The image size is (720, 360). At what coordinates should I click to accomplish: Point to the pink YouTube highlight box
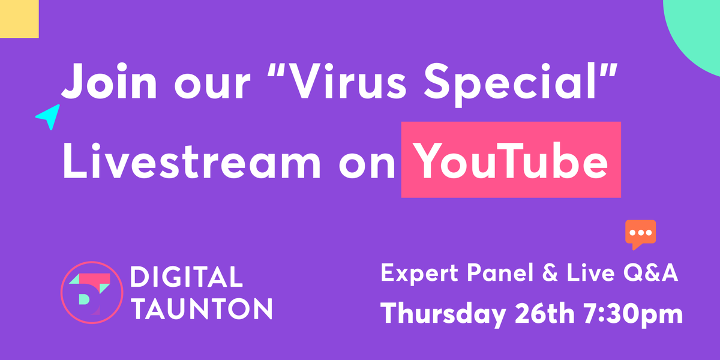pyautogui.click(x=511, y=160)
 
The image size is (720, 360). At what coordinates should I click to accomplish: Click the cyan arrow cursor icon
pyautogui.click(x=48, y=116)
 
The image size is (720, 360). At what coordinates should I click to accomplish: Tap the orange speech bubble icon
pyautogui.click(x=640, y=233)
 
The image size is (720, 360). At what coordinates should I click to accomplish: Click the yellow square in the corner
pyautogui.click(x=19, y=19)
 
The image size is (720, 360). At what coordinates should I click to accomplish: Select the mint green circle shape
pyautogui.click(x=696, y=30)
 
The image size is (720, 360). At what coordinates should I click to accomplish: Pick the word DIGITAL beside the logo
pyautogui.click(x=187, y=278)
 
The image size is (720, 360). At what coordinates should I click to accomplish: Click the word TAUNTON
pyautogui.click(x=202, y=309)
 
